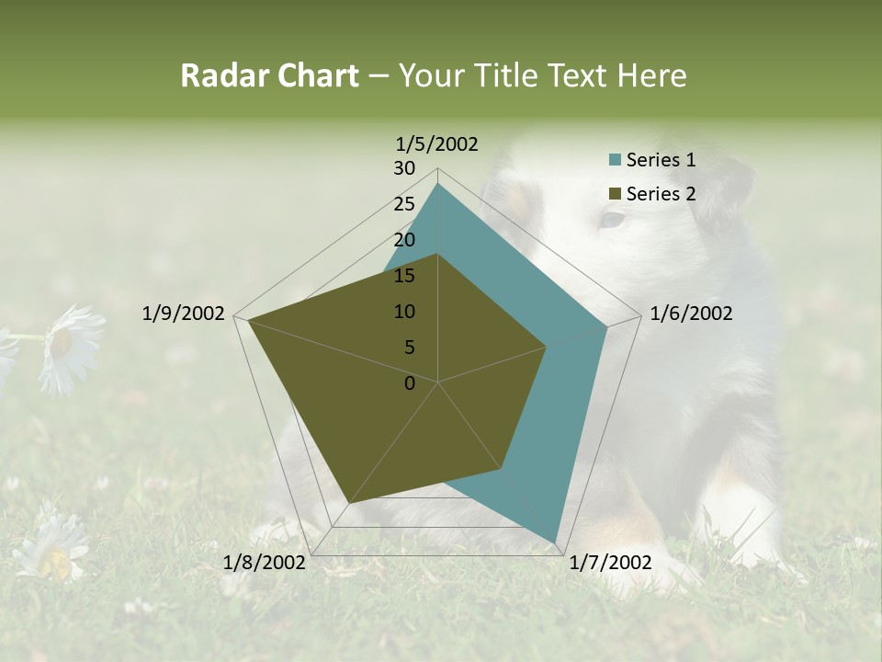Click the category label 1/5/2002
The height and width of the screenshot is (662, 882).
[x=437, y=144]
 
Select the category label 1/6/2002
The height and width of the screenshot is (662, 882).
[x=691, y=314]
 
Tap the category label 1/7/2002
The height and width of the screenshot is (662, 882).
[x=610, y=563]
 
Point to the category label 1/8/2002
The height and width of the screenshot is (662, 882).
[x=265, y=563]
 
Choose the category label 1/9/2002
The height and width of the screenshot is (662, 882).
[x=184, y=314]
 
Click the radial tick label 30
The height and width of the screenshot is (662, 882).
[x=404, y=168]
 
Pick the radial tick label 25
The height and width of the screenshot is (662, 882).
[x=404, y=204]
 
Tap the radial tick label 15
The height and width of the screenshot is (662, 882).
[x=404, y=276]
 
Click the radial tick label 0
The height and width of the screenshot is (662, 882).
[x=410, y=383]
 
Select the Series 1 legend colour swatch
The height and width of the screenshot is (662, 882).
[x=615, y=160]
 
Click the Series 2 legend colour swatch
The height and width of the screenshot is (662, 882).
[x=615, y=194]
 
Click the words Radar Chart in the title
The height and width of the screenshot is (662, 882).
[x=269, y=75]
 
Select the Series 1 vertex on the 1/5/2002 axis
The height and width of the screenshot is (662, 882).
[x=437, y=184]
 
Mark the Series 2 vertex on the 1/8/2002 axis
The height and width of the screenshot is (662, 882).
[x=348, y=503]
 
